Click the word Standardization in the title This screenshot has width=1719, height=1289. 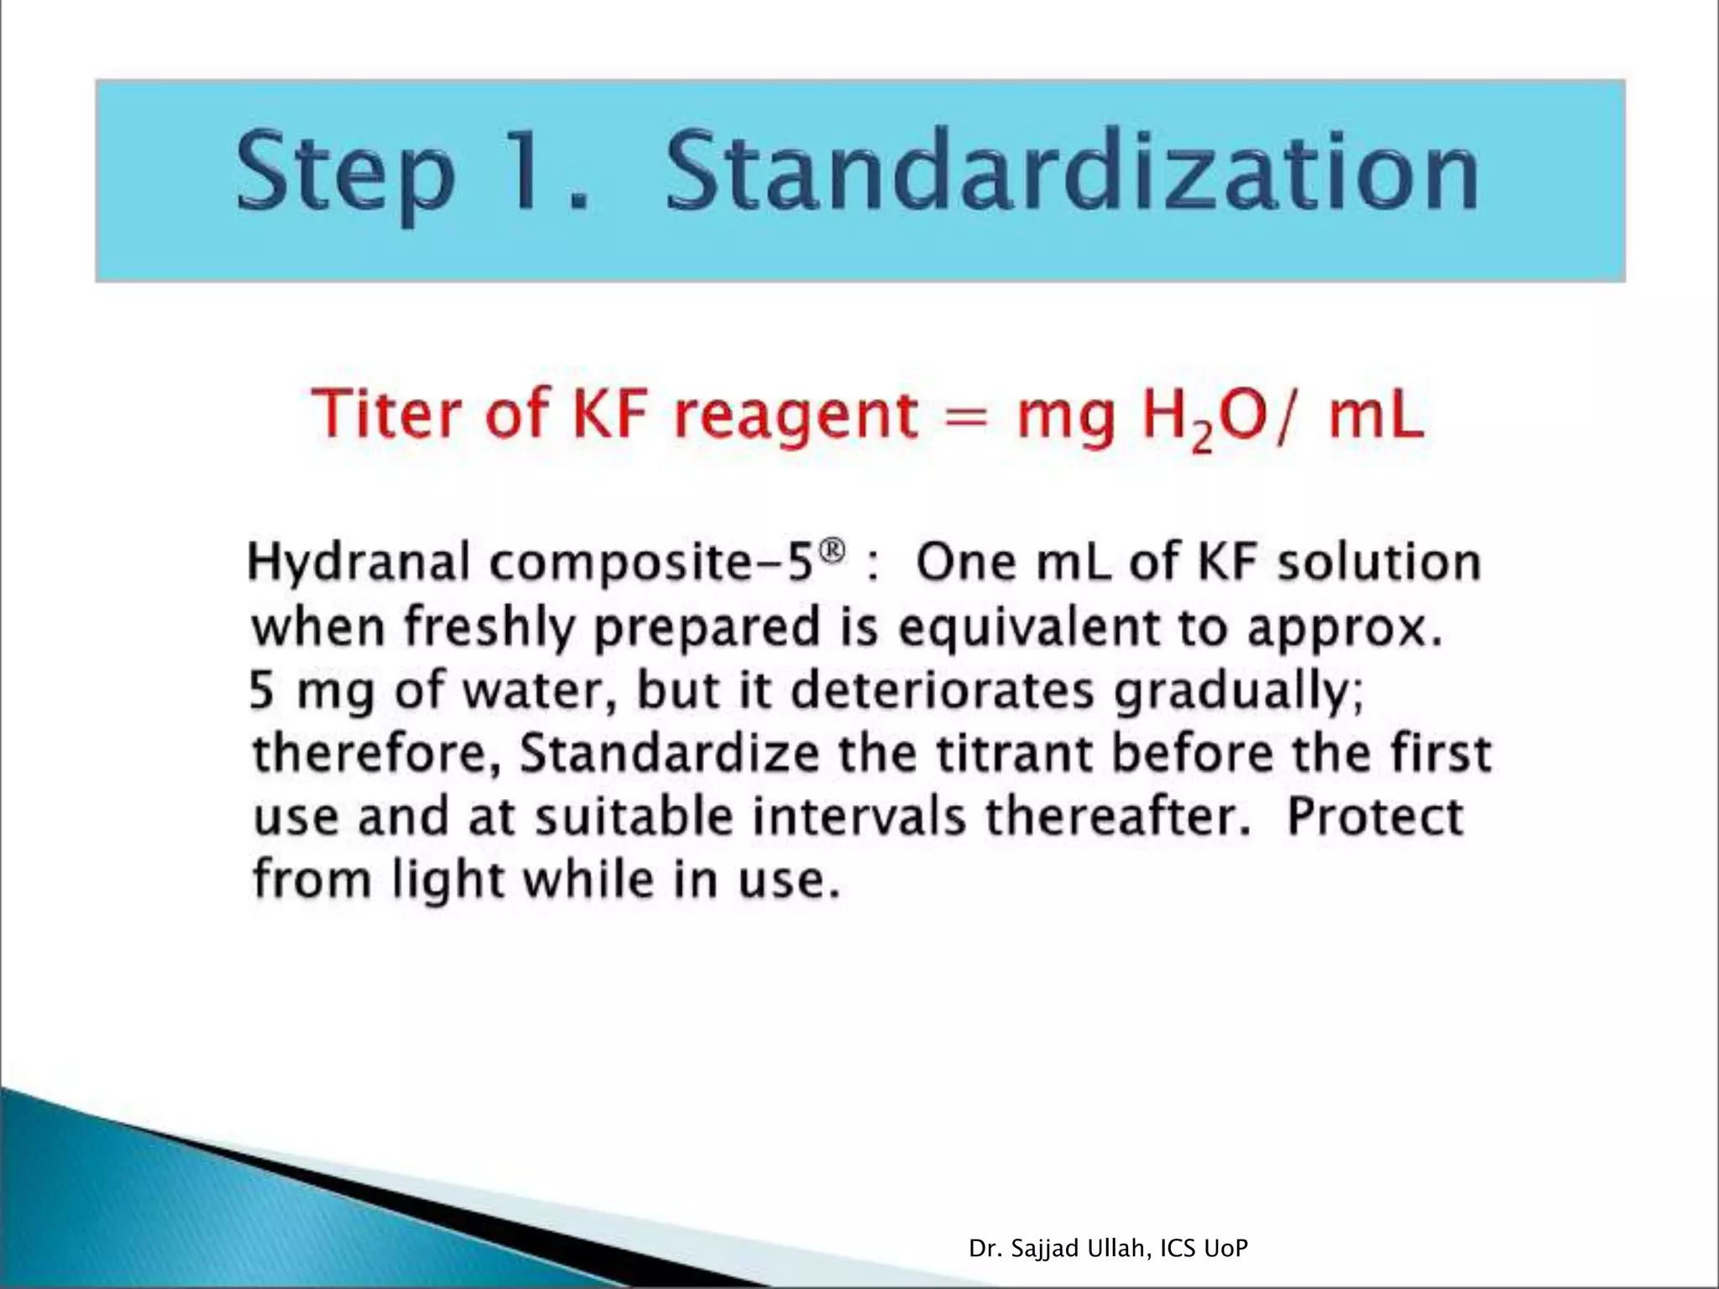pyautogui.click(x=1072, y=174)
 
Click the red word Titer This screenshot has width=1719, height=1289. pyautogui.click(x=386, y=414)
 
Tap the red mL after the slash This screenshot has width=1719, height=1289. pyautogui.click(x=1377, y=417)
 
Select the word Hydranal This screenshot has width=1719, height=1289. pyautogui.click(x=358, y=562)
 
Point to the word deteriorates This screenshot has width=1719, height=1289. pyautogui.click(x=943, y=691)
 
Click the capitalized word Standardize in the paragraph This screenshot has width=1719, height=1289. pyautogui.click(x=669, y=754)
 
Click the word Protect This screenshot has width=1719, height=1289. pyautogui.click(x=1375, y=817)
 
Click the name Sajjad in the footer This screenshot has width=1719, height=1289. pyautogui.click(x=1040, y=1250)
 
